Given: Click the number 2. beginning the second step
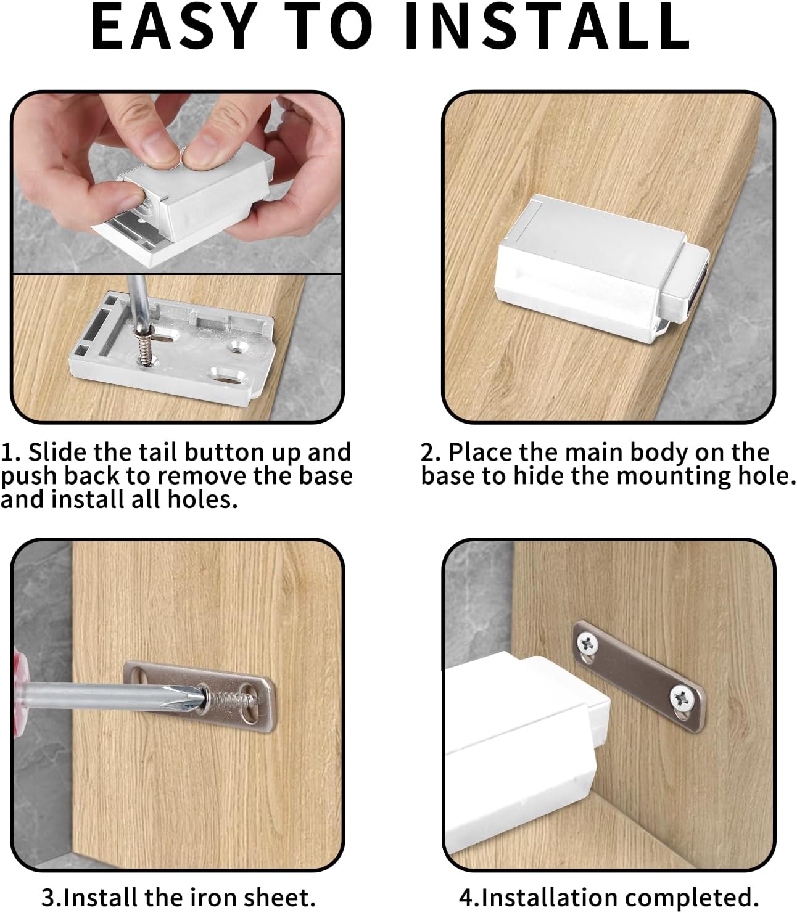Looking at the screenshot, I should (431, 452).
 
